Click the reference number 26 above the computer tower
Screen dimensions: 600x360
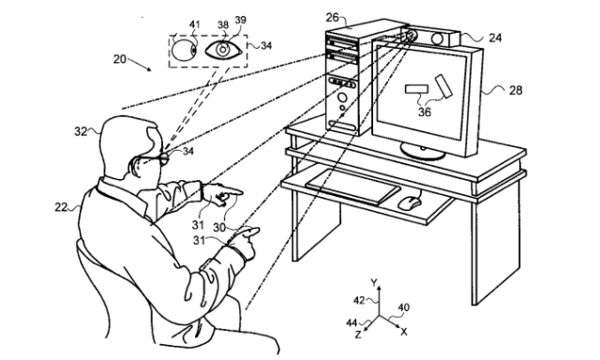332,18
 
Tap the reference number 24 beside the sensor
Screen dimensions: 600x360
495,37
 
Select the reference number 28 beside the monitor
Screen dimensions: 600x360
516,90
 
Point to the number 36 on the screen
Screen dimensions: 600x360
425,112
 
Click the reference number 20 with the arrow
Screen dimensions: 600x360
119,59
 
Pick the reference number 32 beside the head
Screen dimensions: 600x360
81,131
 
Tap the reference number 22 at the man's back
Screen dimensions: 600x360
61,207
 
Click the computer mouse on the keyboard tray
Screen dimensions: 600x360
409,202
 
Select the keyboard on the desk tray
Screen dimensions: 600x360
352,187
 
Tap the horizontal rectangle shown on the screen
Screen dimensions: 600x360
416,89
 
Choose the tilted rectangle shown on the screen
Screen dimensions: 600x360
443,86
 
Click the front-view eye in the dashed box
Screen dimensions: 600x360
223,50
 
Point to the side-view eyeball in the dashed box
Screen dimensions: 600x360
184,51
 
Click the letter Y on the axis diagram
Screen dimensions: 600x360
374,282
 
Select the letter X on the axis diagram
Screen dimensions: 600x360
404,332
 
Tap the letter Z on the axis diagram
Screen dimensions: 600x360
358,335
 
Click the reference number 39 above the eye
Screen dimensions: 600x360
240,20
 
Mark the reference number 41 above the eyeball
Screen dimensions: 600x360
195,24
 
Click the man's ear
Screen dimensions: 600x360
135,164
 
